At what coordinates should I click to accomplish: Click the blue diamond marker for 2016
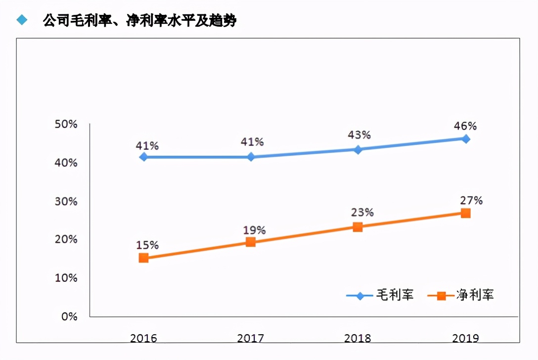(143, 157)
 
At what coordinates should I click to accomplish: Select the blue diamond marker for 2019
(465, 139)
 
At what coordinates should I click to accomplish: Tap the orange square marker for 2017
(251, 242)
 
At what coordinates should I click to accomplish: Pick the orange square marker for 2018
(358, 227)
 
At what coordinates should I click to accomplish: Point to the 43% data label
(359, 135)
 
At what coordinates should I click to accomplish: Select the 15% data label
(147, 245)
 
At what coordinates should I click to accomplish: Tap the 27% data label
(470, 200)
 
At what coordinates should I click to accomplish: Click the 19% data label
(254, 230)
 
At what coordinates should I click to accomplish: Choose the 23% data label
(362, 213)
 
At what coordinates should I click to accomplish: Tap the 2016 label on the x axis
(143, 338)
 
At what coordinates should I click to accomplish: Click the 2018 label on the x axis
(358, 338)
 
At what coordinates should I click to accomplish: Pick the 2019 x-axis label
(465, 338)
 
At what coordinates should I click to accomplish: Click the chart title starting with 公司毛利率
(139, 21)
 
